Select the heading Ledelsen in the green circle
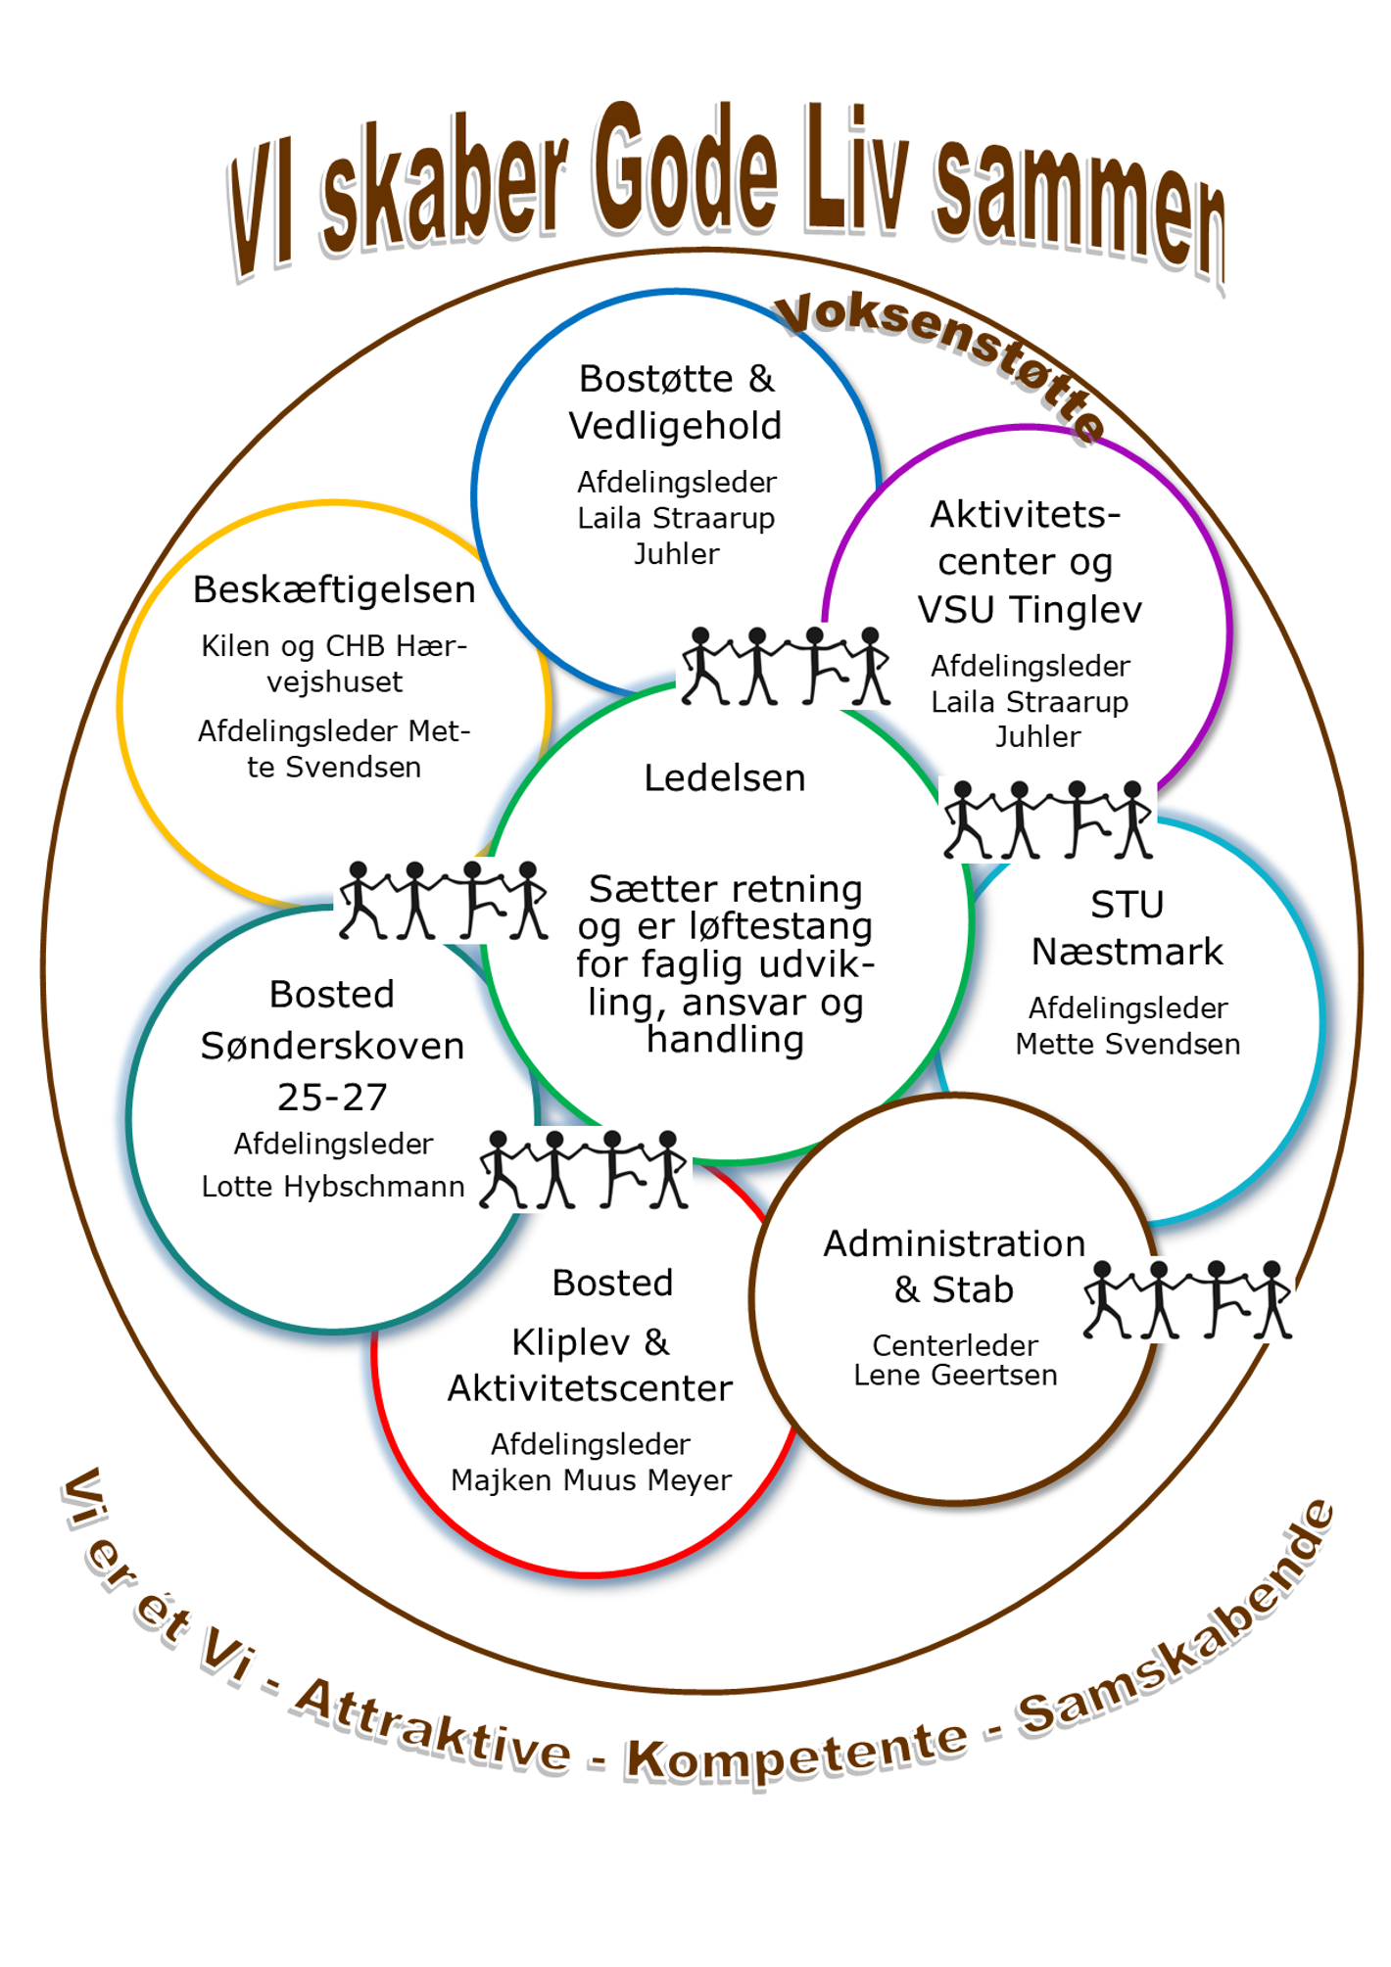point(724,778)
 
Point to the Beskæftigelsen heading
point(334,590)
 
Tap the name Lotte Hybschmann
point(333,1187)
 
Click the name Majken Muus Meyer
point(591,1480)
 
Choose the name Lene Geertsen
point(955,1376)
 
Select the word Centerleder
point(955,1345)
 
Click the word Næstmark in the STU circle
point(1127,952)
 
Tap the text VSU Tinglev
point(1030,610)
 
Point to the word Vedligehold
point(675,427)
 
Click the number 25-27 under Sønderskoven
point(332,1098)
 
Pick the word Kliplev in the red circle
point(571,1342)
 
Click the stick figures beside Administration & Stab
point(1187,1299)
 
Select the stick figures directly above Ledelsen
point(785,667)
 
